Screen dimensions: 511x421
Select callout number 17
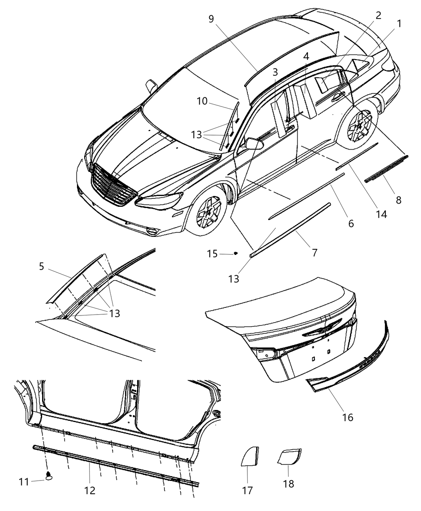[x=248, y=490]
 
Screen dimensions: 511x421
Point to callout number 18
[x=288, y=484]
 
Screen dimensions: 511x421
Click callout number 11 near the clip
[x=24, y=482]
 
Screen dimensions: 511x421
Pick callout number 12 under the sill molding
[x=90, y=490]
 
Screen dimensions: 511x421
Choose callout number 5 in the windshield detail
[x=42, y=266]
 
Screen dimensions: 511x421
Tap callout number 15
[x=213, y=254]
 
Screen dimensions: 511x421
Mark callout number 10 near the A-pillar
[x=202, y=101]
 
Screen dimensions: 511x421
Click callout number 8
[x=398, y=200]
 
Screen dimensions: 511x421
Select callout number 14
[x=381, y=214]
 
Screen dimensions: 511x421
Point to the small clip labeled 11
[x=49, y=476]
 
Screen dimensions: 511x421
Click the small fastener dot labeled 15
[x=236, y=253]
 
